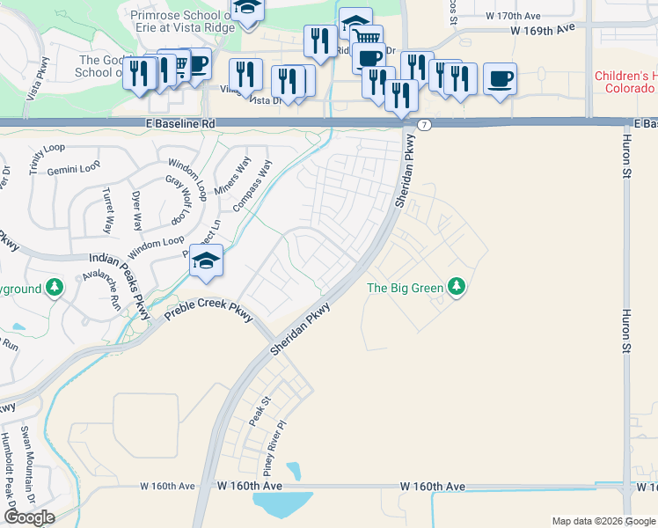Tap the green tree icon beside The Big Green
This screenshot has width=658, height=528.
tap(456, 286)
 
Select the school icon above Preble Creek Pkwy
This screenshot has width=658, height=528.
tap(205, 261)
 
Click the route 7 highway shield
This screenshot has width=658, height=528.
tap(424, 125)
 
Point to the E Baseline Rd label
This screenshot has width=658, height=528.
tap(182, 125)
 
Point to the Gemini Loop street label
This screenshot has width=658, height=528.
tap(69, 169)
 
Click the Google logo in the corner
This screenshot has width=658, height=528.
tap(29, 517)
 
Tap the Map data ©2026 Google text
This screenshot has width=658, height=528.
tap(603, 521)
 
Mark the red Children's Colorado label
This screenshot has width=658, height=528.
tap(626, 84)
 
